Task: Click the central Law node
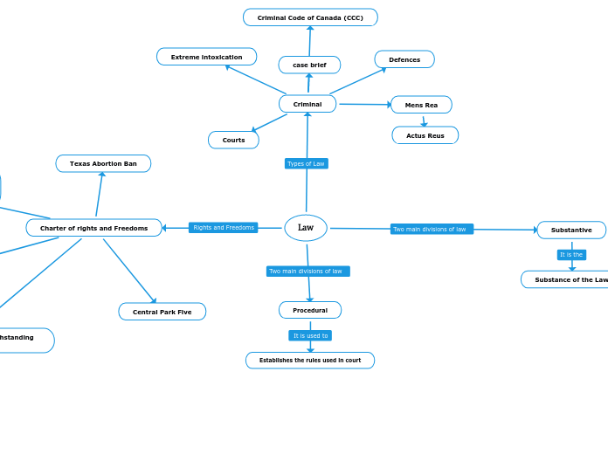point(306,228)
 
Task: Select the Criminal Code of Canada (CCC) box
point(310,17)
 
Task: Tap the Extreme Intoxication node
point(206,57)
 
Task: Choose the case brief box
point(309,65)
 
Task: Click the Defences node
point(404,59)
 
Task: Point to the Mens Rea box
point(421,105)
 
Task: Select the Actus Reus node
point(425,135)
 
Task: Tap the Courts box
point(233,140)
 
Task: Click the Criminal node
point(307,104)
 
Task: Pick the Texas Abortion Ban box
point(103,163)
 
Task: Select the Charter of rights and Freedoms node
point(93,228)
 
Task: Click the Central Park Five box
point(162,312)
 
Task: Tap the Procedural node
point(310,310)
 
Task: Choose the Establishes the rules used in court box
point(310,360)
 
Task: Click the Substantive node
point(571,230)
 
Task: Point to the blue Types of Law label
point(306,163)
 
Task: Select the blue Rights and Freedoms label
point(223,228)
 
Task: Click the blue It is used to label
point(310,335)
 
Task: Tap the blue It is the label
point(571,255)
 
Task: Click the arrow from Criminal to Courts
point(269,123)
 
